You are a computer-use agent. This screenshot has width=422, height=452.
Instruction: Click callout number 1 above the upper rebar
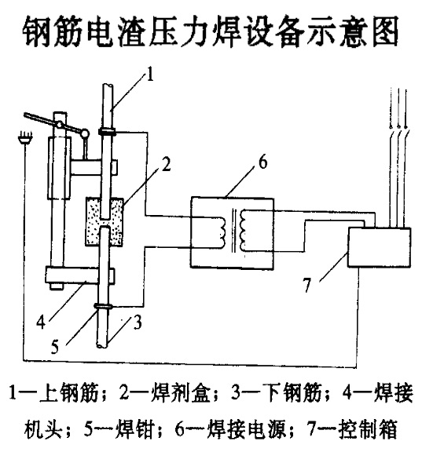pyautogui.click(x=150, y=74)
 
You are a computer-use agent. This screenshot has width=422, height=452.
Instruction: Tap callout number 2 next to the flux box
pyautogui.click(x=166, y=164)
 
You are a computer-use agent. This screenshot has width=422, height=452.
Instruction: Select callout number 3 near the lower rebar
pyautogui.click(x=138, y=323)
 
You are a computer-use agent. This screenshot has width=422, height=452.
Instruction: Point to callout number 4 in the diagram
pyautogui.click(x=41, y=322)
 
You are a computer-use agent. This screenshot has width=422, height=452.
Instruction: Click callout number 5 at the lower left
pyautogui.click(x=55, y=346)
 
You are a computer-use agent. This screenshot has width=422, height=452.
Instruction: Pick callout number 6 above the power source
pyautogui.click(x=262, y=162)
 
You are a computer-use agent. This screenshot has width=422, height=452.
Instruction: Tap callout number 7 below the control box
pyautogui.click(x=306, y=285)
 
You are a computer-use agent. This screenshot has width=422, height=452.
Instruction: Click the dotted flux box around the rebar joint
pyautogui.click(x=105, y=221)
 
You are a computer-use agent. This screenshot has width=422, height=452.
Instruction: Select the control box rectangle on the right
pyautogui.click(x=379, y=247)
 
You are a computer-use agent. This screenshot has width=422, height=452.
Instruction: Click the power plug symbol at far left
pyautogui.click(x=26, y=138)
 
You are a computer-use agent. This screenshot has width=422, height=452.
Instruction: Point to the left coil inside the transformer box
pyautogui.click(x=222, y=231)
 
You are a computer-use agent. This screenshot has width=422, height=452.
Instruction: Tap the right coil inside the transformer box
pyautogui.click(x=243, y=230)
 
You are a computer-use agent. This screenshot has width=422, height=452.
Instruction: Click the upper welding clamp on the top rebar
pyautogui.click(x=108, y=132)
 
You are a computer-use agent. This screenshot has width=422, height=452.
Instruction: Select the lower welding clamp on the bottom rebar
pyautogui.click(x=103, y=306)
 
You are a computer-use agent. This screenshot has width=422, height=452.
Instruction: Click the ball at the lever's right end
pyautogui.click(x=85, y=133)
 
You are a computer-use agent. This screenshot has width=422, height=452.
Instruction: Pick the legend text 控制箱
pyautogui.click(x=369, y=429)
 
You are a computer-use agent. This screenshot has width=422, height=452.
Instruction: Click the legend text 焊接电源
pyautogui.click(x=247, y=429)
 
